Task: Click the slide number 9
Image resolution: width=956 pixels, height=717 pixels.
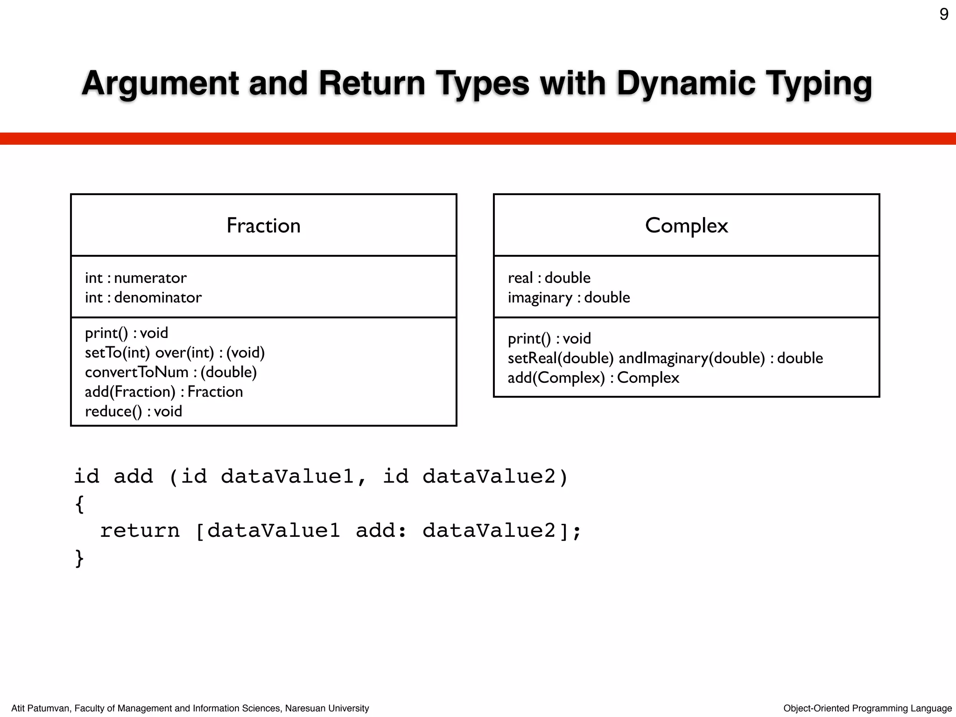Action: (x=943, y=14)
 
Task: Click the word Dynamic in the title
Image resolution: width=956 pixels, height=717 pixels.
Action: (x=686, y=83)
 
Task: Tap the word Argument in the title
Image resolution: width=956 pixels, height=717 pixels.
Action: (x=160, y=83)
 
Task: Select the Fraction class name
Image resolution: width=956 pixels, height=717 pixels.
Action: (x=263, y=225)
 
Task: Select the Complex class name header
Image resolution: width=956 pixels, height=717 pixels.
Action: (x=686, y=225)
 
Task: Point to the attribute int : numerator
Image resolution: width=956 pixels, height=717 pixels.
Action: (x=136, y=278)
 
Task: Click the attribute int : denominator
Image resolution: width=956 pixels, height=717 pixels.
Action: (x=143, y=297)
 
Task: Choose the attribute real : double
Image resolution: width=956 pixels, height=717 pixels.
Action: (x=549, y=278)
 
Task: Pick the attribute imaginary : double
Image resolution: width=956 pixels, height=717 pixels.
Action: (x=569, y=297)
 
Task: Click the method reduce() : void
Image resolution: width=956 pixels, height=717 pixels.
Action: (x=134, y=411)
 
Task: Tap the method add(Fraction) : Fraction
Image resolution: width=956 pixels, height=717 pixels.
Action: (x=164, y=392)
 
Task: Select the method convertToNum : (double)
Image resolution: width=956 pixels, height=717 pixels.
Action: (x=171, y=372)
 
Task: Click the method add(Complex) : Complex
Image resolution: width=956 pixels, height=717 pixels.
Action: (x=593, y=378)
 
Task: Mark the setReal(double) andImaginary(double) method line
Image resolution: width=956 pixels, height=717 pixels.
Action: (x=665, y=358)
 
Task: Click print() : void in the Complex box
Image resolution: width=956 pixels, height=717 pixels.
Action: (x=549, y=338)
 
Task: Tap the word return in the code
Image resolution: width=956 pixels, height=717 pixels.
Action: (x=140, y=531)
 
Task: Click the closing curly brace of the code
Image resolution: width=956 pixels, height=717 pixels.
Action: (x=79, y=558)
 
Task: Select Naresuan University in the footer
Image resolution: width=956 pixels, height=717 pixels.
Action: (x=327, y=708)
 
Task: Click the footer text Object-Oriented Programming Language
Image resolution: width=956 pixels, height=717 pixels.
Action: (x=867, y=708)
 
